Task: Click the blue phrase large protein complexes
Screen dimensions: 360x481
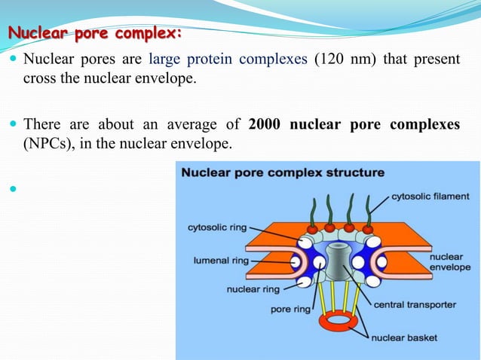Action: point(227,59)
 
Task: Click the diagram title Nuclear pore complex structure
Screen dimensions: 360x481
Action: point(282,172)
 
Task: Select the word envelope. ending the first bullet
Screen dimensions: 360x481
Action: point(166,77)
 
